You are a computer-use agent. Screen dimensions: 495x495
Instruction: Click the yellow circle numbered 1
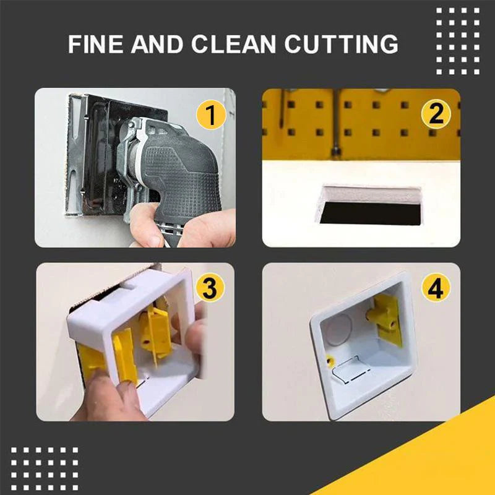[211, 115]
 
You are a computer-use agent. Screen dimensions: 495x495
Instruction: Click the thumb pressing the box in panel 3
[196, 334]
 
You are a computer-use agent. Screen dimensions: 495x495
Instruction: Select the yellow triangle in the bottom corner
[433, 458]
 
